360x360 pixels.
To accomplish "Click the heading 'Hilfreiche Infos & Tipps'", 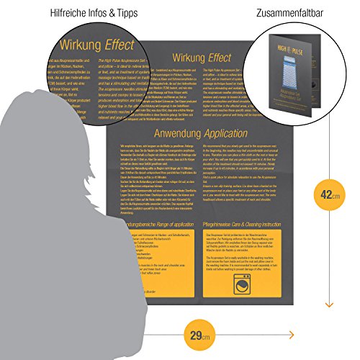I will point(81,12).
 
